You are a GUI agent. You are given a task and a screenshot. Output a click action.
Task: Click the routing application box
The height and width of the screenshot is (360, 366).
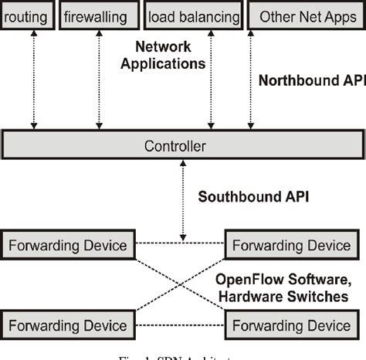point(26,15)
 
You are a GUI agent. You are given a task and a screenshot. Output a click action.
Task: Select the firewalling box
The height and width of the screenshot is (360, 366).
point(96,15)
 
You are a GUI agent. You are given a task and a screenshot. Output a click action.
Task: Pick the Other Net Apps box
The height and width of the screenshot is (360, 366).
point(307,15)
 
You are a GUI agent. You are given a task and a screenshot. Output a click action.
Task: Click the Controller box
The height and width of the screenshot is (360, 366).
point(182,144)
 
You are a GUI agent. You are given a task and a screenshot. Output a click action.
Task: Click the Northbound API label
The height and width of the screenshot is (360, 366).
point(311,80)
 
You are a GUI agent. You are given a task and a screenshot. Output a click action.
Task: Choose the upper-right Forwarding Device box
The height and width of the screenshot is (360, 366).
point(291,246)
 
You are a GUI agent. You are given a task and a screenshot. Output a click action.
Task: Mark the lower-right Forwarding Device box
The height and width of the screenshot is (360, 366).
point(291,321)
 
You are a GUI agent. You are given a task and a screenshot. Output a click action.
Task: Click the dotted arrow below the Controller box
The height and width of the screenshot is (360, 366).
point(182,197)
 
